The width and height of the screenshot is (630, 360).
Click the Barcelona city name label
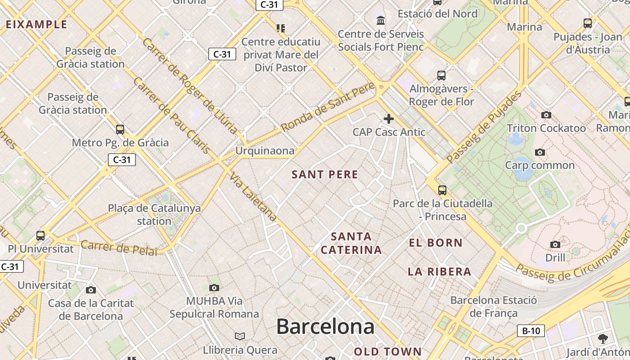(x=325, y=326)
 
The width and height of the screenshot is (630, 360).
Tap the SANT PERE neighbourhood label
(x=325, y=175)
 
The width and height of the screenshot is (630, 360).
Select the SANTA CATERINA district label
(x=351, y=243)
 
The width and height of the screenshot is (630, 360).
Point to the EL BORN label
(x=436, y=243)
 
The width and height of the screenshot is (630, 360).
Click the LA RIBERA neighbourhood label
(x=439, y=272)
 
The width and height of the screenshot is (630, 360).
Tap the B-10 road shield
(x=531, y=331)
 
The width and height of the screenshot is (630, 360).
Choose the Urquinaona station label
(x=265, y=151)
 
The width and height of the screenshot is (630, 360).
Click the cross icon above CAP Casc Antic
(x=389, y=119)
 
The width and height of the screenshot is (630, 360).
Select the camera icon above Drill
(x=555, y=244)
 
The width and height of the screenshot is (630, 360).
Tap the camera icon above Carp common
(x=540, y=153)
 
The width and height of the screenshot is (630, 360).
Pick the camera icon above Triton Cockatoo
(x=546, y=115)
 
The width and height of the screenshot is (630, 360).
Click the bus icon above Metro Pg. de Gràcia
(x=120, y=130)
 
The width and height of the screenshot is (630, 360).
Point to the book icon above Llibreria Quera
(x=240, y=336)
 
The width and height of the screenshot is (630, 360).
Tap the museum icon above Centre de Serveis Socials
(x=381, y=20)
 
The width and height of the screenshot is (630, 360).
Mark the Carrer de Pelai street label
(x=120, y=247)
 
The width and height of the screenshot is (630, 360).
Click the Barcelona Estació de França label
(x=494, y=306)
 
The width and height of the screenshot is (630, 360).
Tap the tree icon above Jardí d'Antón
(x=603, y=339)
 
